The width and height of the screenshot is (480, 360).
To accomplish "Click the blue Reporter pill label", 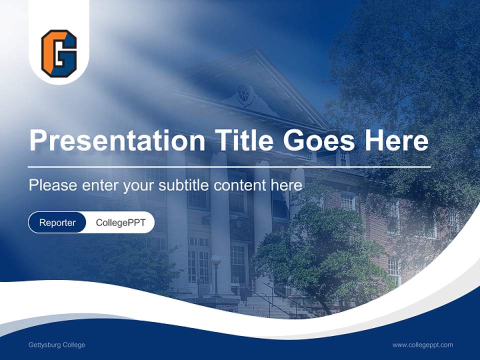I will (x=57, y=222).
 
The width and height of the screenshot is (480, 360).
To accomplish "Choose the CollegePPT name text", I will (x=120, y=222).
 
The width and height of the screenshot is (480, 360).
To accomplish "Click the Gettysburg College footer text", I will (x=57, y=345).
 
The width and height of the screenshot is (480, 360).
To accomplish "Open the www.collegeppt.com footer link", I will (x=422, y=345).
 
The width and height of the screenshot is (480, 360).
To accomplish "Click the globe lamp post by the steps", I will (x=216, y=260).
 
